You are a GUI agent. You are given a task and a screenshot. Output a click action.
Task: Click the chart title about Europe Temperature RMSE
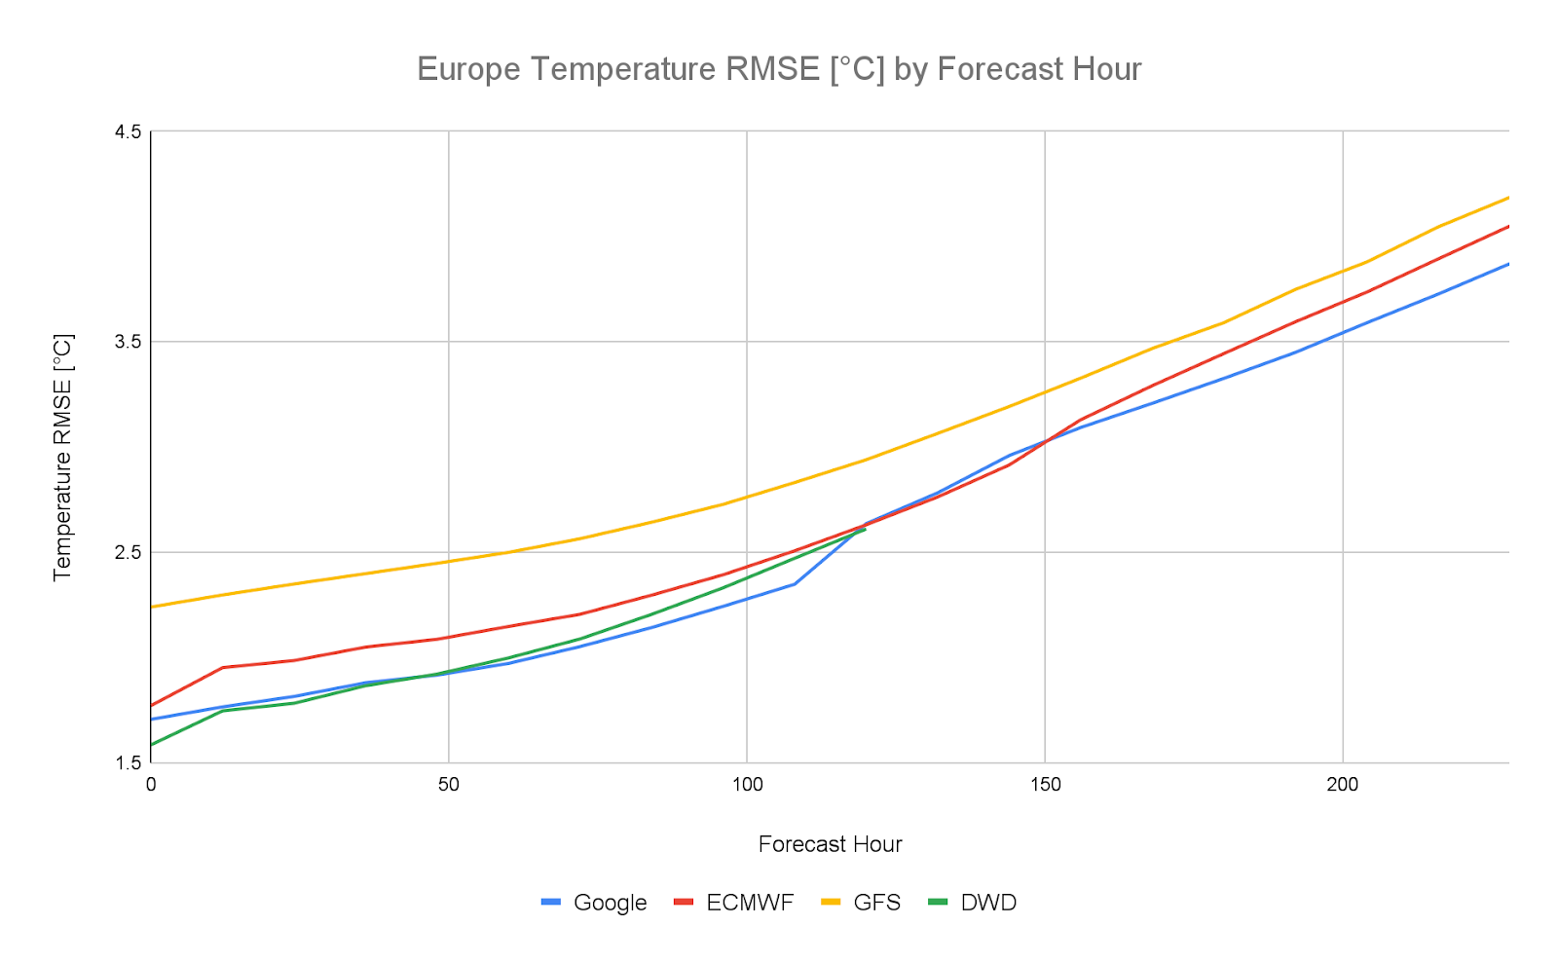tap(779, 69)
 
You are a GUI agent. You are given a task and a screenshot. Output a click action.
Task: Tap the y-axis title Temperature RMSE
tap(63, 457)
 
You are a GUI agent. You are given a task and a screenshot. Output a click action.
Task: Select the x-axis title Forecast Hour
tap(830, 844)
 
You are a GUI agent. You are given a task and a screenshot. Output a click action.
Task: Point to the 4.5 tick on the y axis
tap(129, 131)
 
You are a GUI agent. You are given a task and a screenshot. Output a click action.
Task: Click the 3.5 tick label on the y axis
tap(129, 342)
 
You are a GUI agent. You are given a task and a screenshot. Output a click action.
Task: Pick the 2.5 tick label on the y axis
tap(129, 552)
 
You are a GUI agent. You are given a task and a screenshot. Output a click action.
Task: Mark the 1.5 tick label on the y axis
tap(129, 762)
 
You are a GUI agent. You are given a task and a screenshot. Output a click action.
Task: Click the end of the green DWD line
tap(865, 529)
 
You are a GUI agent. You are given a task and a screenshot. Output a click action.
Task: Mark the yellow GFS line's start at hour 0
tap(152, 607)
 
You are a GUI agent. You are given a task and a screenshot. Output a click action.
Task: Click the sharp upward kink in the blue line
tap(796, 583)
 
